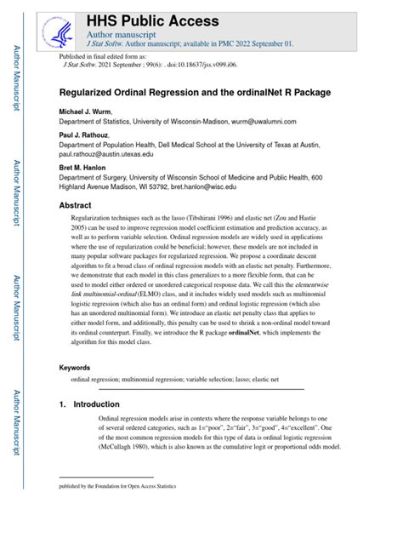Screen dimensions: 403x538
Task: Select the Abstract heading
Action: [75, 205]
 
